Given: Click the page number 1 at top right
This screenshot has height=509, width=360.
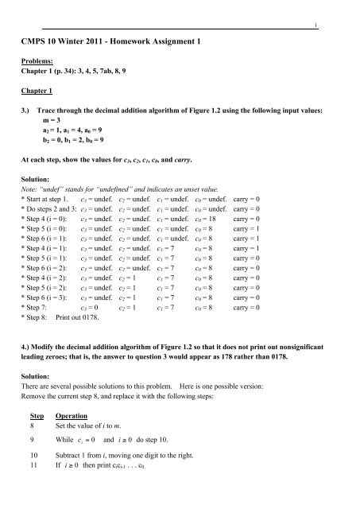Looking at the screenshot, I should pos(339,25).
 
